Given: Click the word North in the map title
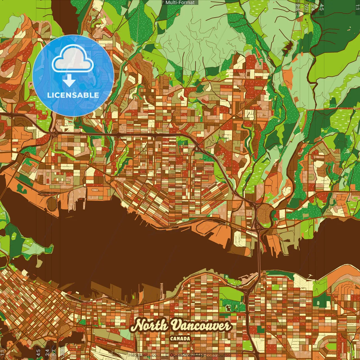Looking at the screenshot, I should (149, 326).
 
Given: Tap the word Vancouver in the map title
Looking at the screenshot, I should (201, 326).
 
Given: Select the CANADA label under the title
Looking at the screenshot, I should (180, 339).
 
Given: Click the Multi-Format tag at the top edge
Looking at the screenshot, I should (180, 3).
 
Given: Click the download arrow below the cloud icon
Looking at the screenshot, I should (69, 81).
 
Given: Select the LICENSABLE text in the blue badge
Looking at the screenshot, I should (73, 95).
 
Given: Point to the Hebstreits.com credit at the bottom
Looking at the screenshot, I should (145, 355).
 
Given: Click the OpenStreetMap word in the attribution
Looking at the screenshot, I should (187, 355).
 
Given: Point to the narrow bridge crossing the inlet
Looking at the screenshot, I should (259, 253).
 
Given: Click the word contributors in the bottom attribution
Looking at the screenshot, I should (219, 355).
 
